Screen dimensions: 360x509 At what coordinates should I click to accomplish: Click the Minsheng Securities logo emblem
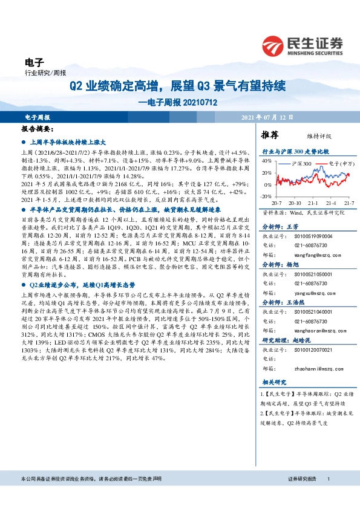click(274, 45)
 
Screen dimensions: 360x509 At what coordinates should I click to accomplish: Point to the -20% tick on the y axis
click(266, 196)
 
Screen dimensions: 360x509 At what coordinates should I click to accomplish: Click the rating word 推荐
click(270, 135)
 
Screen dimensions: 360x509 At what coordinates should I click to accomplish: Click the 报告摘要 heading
click(38, 129)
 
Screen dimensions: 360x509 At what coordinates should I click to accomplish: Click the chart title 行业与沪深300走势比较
click(295, 151)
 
